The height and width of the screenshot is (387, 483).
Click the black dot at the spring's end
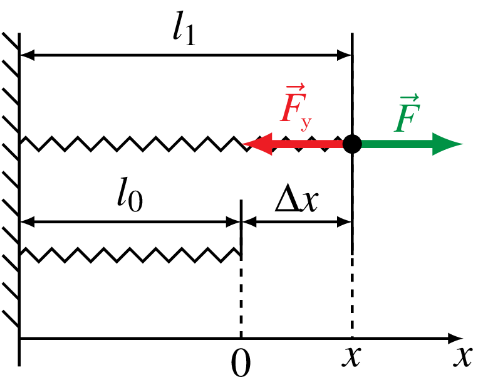pyautogui.click(x=353, y=144)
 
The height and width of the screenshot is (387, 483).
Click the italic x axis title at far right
pyautogui.click(x=462, y=357)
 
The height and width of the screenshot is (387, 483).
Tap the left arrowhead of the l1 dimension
pyautogui.click(x=28, y=56)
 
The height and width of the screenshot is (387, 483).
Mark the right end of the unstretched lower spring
pyautogui.click(x=241, y=253)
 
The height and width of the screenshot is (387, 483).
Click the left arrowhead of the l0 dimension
pyautogui.click(x=28, y=221)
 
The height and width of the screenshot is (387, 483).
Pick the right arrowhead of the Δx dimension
pyautogui.click(x=346, y=221)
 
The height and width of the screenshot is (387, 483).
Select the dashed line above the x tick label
pyautogui.click(x=353, y=295)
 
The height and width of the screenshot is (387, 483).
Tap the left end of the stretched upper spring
pyautogui.click(x=23, y=144)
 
